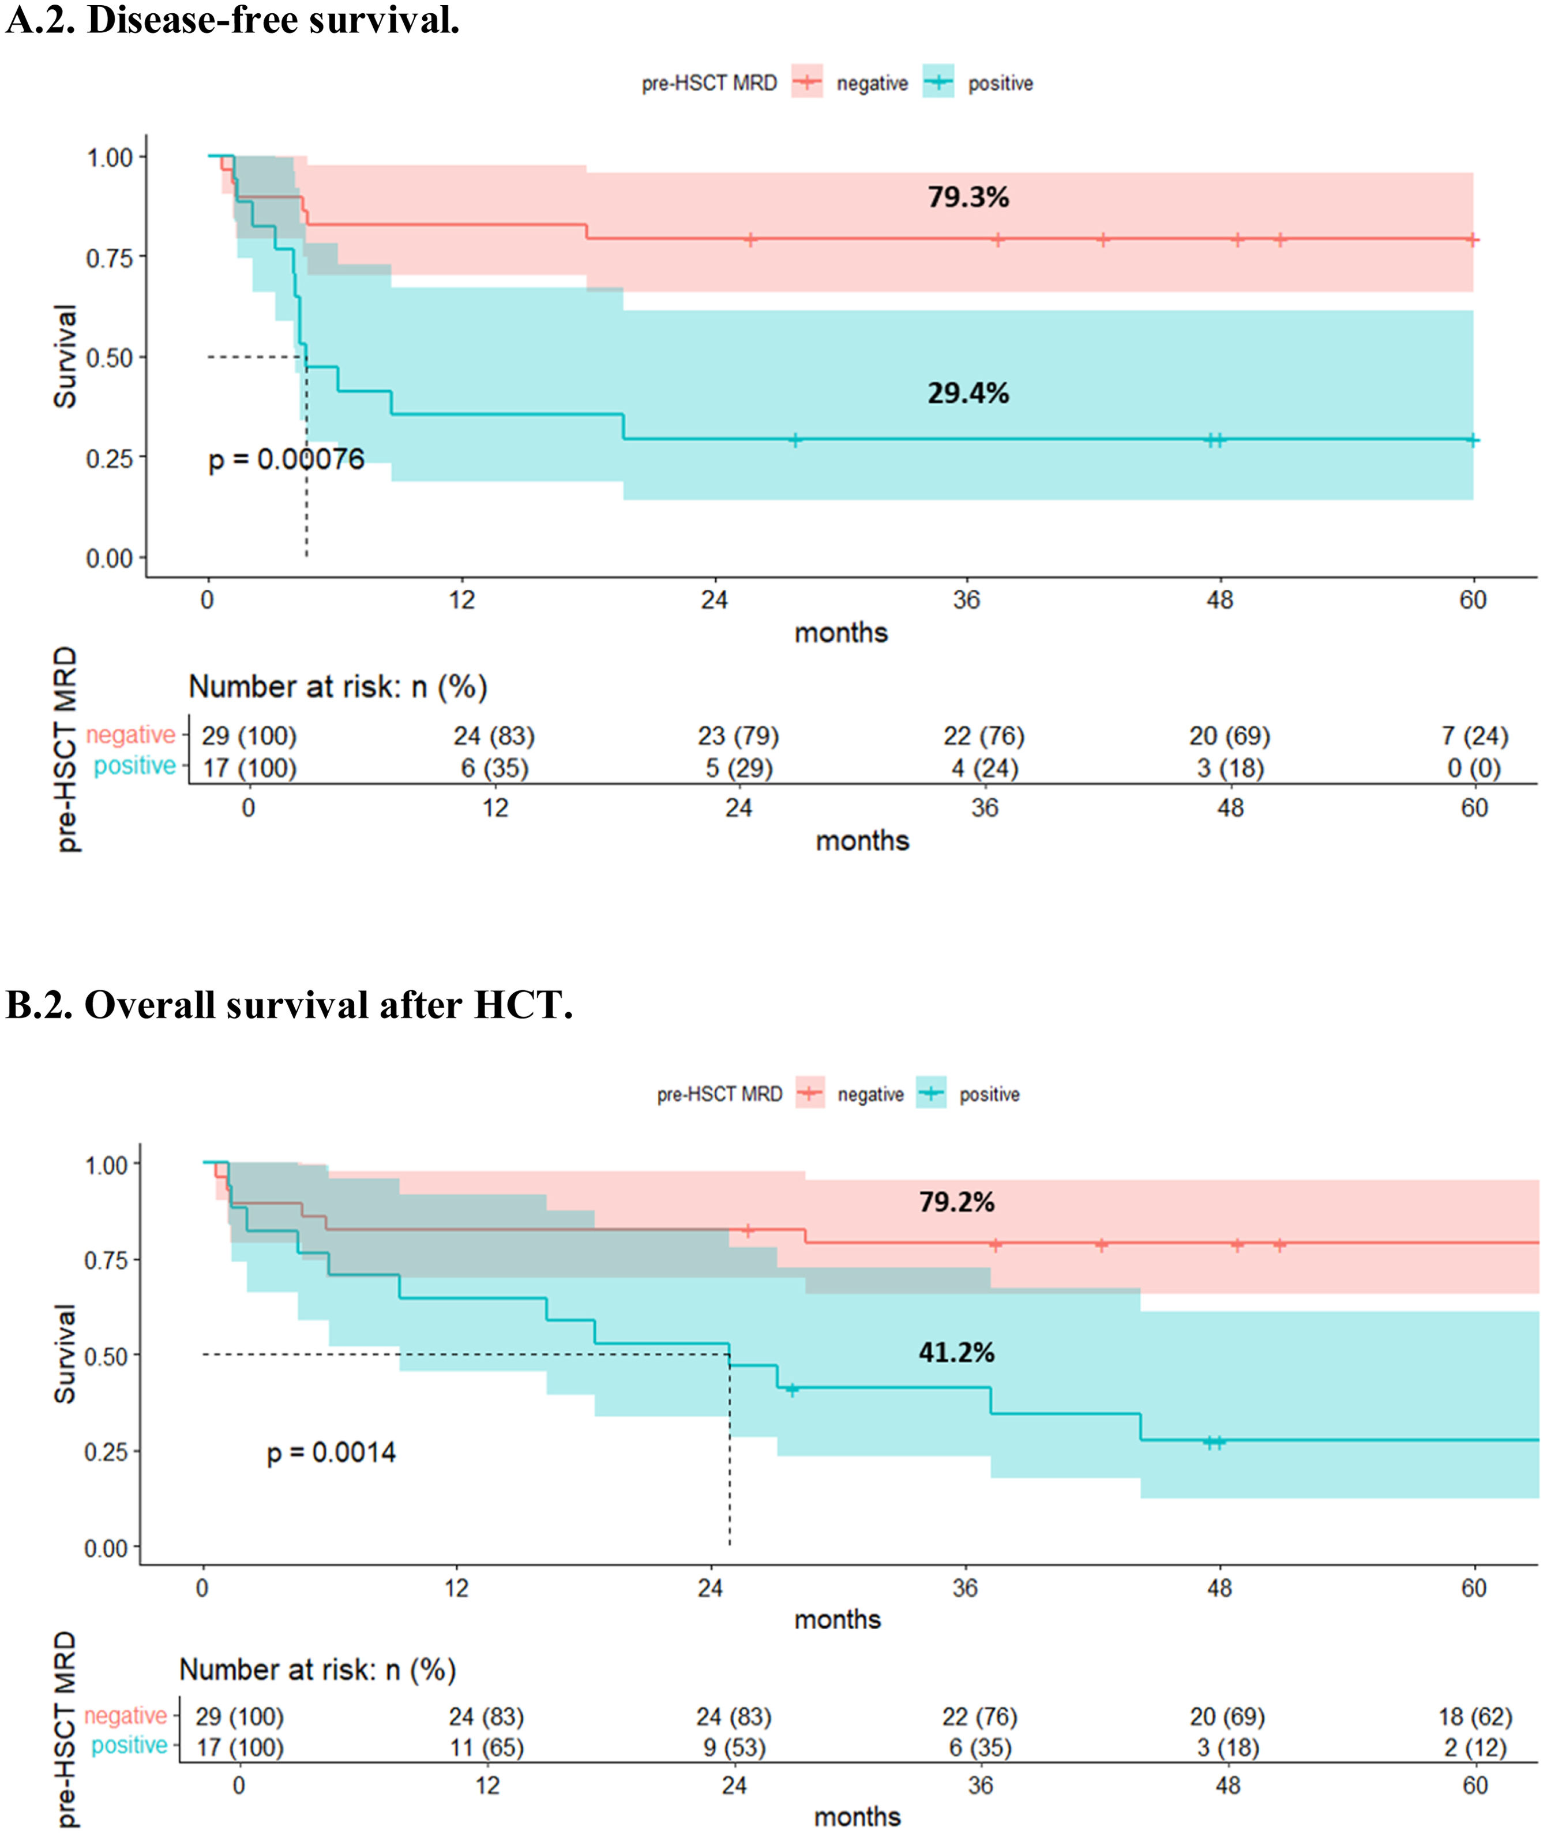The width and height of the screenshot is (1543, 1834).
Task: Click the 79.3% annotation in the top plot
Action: (x=968, y=197)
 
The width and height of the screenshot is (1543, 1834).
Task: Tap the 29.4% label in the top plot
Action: (x=968, y=393)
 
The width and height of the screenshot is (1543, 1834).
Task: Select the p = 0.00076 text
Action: (x=286, y=459)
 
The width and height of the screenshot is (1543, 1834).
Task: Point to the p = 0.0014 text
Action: (x=332, y=1453)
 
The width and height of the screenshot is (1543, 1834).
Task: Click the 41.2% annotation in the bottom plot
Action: (x=956, y=1353)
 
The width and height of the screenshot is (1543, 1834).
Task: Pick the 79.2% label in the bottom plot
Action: (x=956, y=1202)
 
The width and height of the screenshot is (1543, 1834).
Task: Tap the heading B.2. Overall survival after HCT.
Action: (x=288, y=1005)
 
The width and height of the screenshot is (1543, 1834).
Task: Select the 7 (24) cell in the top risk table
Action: (x=1475, y=736)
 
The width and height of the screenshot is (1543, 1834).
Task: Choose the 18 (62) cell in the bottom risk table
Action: (x=1475, y=1717)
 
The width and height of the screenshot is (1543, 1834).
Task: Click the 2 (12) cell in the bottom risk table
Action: (x=1475, y=1747)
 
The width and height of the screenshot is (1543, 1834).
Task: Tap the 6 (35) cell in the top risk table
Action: (x=494, y=768)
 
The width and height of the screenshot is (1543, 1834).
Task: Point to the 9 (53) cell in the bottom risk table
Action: (x=734, y=1747)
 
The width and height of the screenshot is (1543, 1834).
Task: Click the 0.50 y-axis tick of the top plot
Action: (x=110, y=358)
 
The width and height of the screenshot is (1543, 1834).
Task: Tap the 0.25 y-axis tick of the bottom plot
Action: (x=107, y=1451)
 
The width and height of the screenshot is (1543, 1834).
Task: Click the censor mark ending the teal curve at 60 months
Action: (x=1473, y=440)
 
